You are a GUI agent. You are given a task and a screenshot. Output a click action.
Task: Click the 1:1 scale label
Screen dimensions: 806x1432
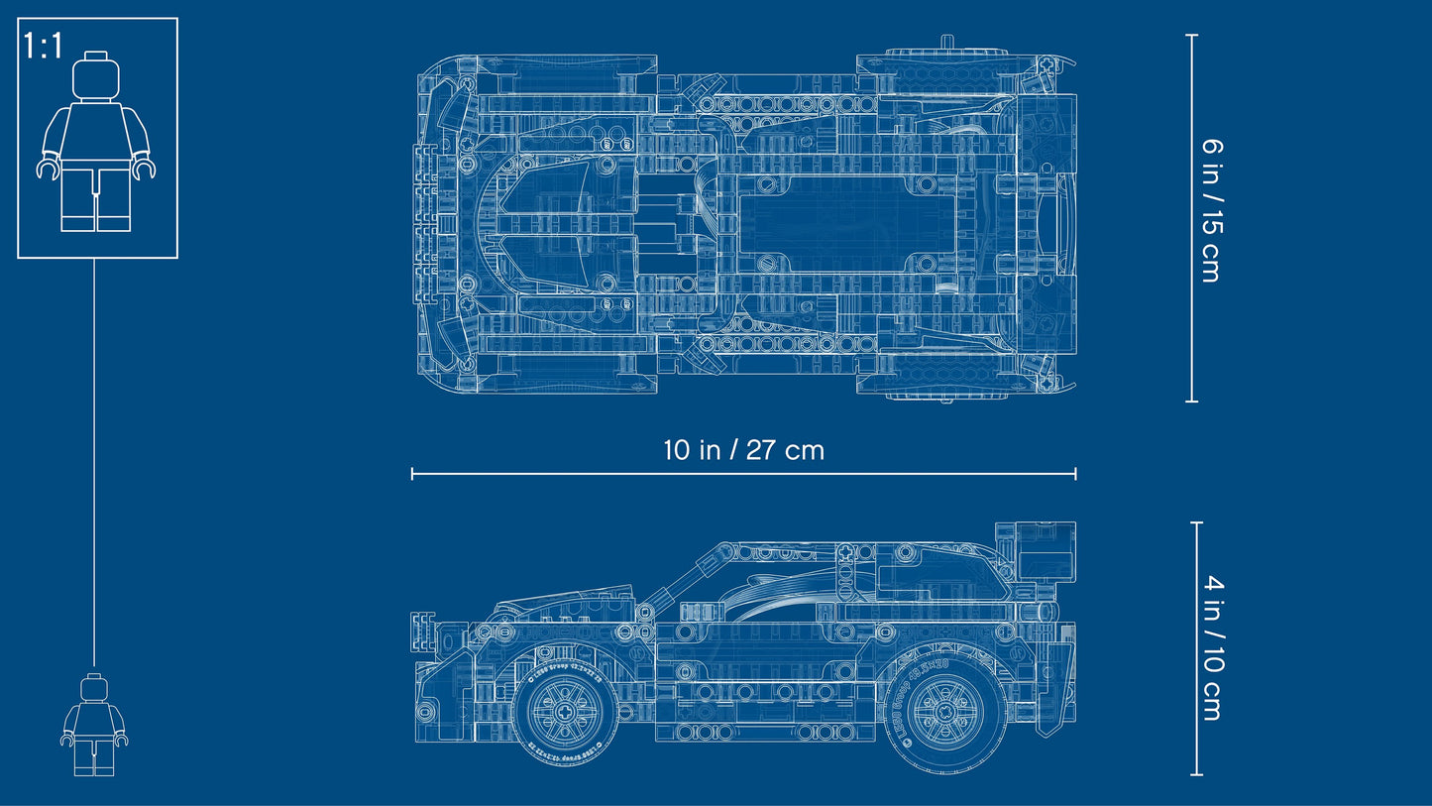[44, 47]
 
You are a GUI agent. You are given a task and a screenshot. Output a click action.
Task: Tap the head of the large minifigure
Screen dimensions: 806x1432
[96, 76]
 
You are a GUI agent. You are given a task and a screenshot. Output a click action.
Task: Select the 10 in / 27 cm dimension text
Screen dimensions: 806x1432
[743, 450]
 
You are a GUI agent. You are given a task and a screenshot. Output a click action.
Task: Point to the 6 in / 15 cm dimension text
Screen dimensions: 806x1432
[1210, 209]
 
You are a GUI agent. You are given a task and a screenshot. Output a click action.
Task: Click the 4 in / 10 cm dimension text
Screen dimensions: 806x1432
[1210, 648]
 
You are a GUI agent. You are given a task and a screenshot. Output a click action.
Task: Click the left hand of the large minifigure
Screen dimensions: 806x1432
[47, 169]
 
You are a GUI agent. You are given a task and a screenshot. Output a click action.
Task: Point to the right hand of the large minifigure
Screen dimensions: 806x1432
[146, 169]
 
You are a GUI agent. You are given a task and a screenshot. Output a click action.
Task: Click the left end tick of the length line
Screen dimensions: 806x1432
[412, 474]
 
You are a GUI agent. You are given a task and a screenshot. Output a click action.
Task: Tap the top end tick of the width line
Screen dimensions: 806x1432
[1192, 36]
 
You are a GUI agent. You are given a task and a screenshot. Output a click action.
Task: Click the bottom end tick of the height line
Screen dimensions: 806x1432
[1197, 774]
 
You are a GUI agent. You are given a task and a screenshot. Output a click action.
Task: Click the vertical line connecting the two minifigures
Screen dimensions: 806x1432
[94, 456]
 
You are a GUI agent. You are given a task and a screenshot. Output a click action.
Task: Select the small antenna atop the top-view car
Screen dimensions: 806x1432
[947, 42]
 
